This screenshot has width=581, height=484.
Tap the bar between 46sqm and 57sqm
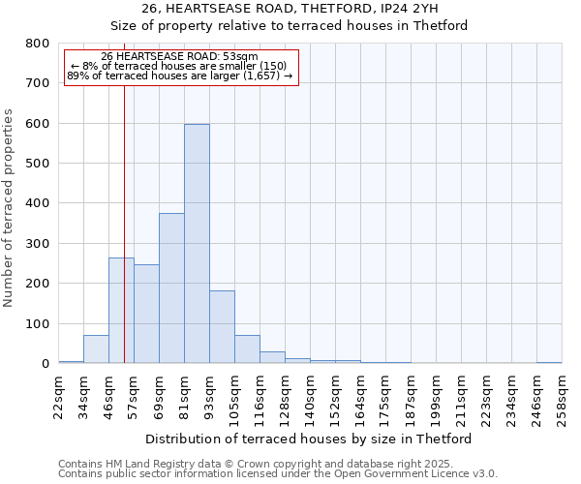(x=121, y=311)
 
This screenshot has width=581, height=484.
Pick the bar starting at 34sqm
(x=96, y=349)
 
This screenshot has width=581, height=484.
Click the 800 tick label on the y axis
(x=37, y=44)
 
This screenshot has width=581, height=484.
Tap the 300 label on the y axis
(x=37, y=244)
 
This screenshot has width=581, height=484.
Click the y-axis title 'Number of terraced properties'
(x=10, y=208)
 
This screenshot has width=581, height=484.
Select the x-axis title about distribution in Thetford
(x=315, y=439)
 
